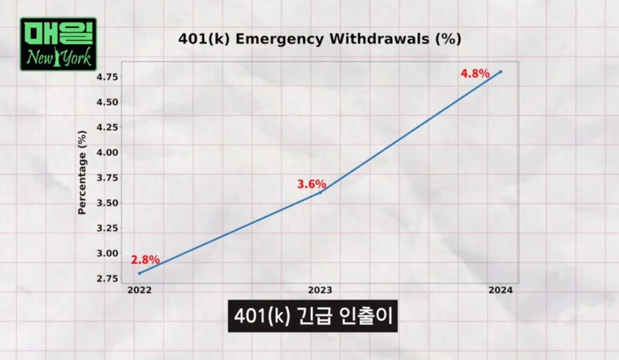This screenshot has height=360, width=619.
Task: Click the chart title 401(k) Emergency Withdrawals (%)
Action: pyautogui.click(x=320, y=39)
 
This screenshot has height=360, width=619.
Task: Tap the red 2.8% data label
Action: pyautogui.click(x=145, y=260)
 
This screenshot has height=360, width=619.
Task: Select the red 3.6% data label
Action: pyautogui.click(x=312, y=184)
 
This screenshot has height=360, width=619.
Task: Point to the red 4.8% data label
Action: pyautogui.click(x=475, y=74)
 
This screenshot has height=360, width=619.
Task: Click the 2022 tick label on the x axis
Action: pyautogui.click(x=140, y=290)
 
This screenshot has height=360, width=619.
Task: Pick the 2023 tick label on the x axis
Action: pyautogui.click(x=320, y=290)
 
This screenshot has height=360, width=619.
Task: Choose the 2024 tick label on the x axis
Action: pyautogui.click(x=501, y=290)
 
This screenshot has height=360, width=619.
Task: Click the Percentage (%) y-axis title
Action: pyautogui.click(x=83, y=175)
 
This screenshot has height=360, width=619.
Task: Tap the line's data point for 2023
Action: pyautogui.click(x=320, y=192)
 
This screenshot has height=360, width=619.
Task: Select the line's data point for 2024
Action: pyautogui.click(x=501, y=71)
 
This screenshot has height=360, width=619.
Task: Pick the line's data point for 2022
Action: pyautogui.click(x=140, y=273)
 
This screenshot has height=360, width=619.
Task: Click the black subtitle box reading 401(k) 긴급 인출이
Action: pyautogui.click(x=313, y=315)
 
